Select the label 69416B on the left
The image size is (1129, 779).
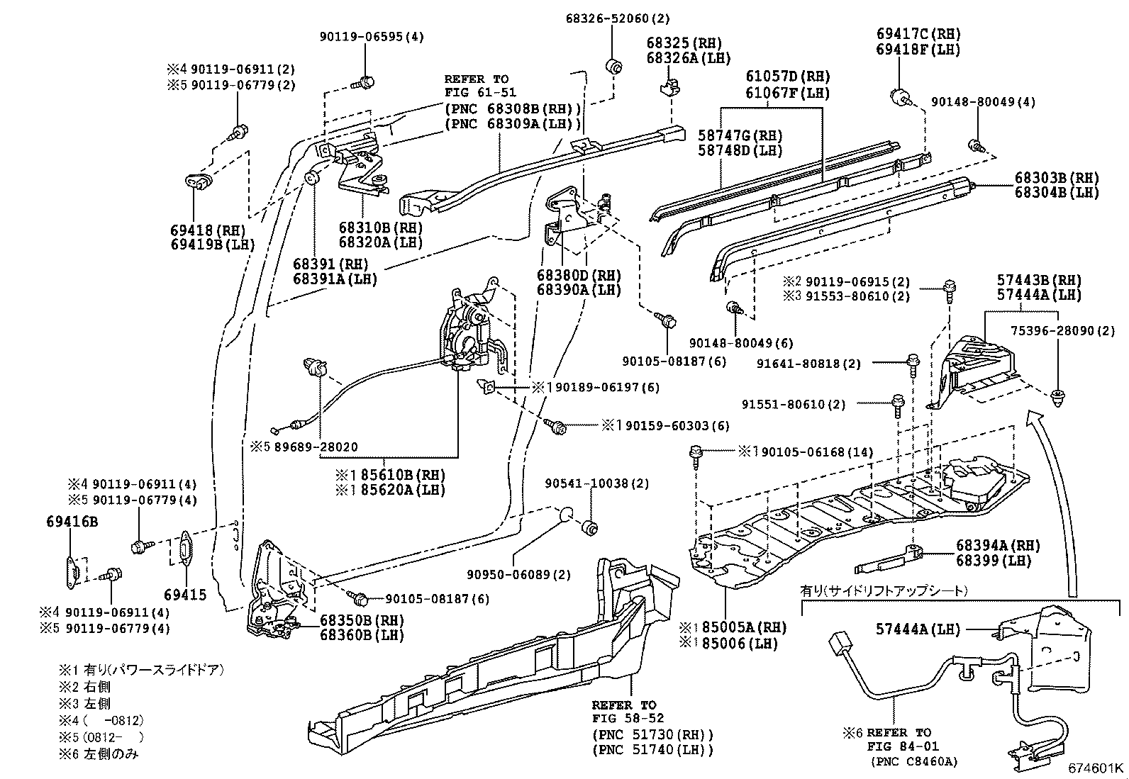click(x=72, y=522)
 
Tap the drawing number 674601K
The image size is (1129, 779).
click(x=1096, y=768)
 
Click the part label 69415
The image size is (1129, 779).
click(x=185, y=594)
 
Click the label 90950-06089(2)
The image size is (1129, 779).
click(x=518, y=574)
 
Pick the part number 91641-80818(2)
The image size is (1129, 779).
click(x=808, y=364)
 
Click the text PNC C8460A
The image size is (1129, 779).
click(x=914, y=762)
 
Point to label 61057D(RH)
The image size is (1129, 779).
click(x=787, y=77)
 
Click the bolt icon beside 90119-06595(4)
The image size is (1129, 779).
click(x=366, y=82)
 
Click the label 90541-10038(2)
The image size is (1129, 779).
click(x=596, y=483)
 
